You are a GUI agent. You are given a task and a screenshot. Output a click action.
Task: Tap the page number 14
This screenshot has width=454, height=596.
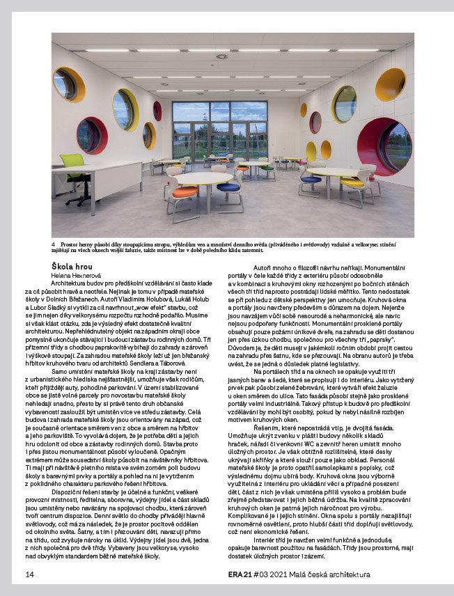(29, 574)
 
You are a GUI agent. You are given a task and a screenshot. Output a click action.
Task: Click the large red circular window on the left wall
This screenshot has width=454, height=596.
(92, 136)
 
